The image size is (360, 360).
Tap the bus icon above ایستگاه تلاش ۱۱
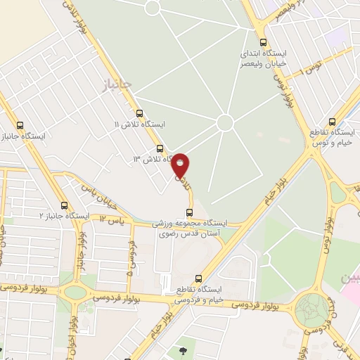tap(139, 112)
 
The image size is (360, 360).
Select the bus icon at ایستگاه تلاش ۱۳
tap(160, 148)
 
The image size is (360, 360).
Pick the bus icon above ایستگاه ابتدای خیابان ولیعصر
tap(263, 41)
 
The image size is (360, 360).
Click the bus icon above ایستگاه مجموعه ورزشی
tap(188, 213)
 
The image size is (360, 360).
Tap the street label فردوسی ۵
tap(131, 256)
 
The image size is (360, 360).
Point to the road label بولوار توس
tap(282, 89)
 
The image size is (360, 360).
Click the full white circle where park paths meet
tap(225, 122)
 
